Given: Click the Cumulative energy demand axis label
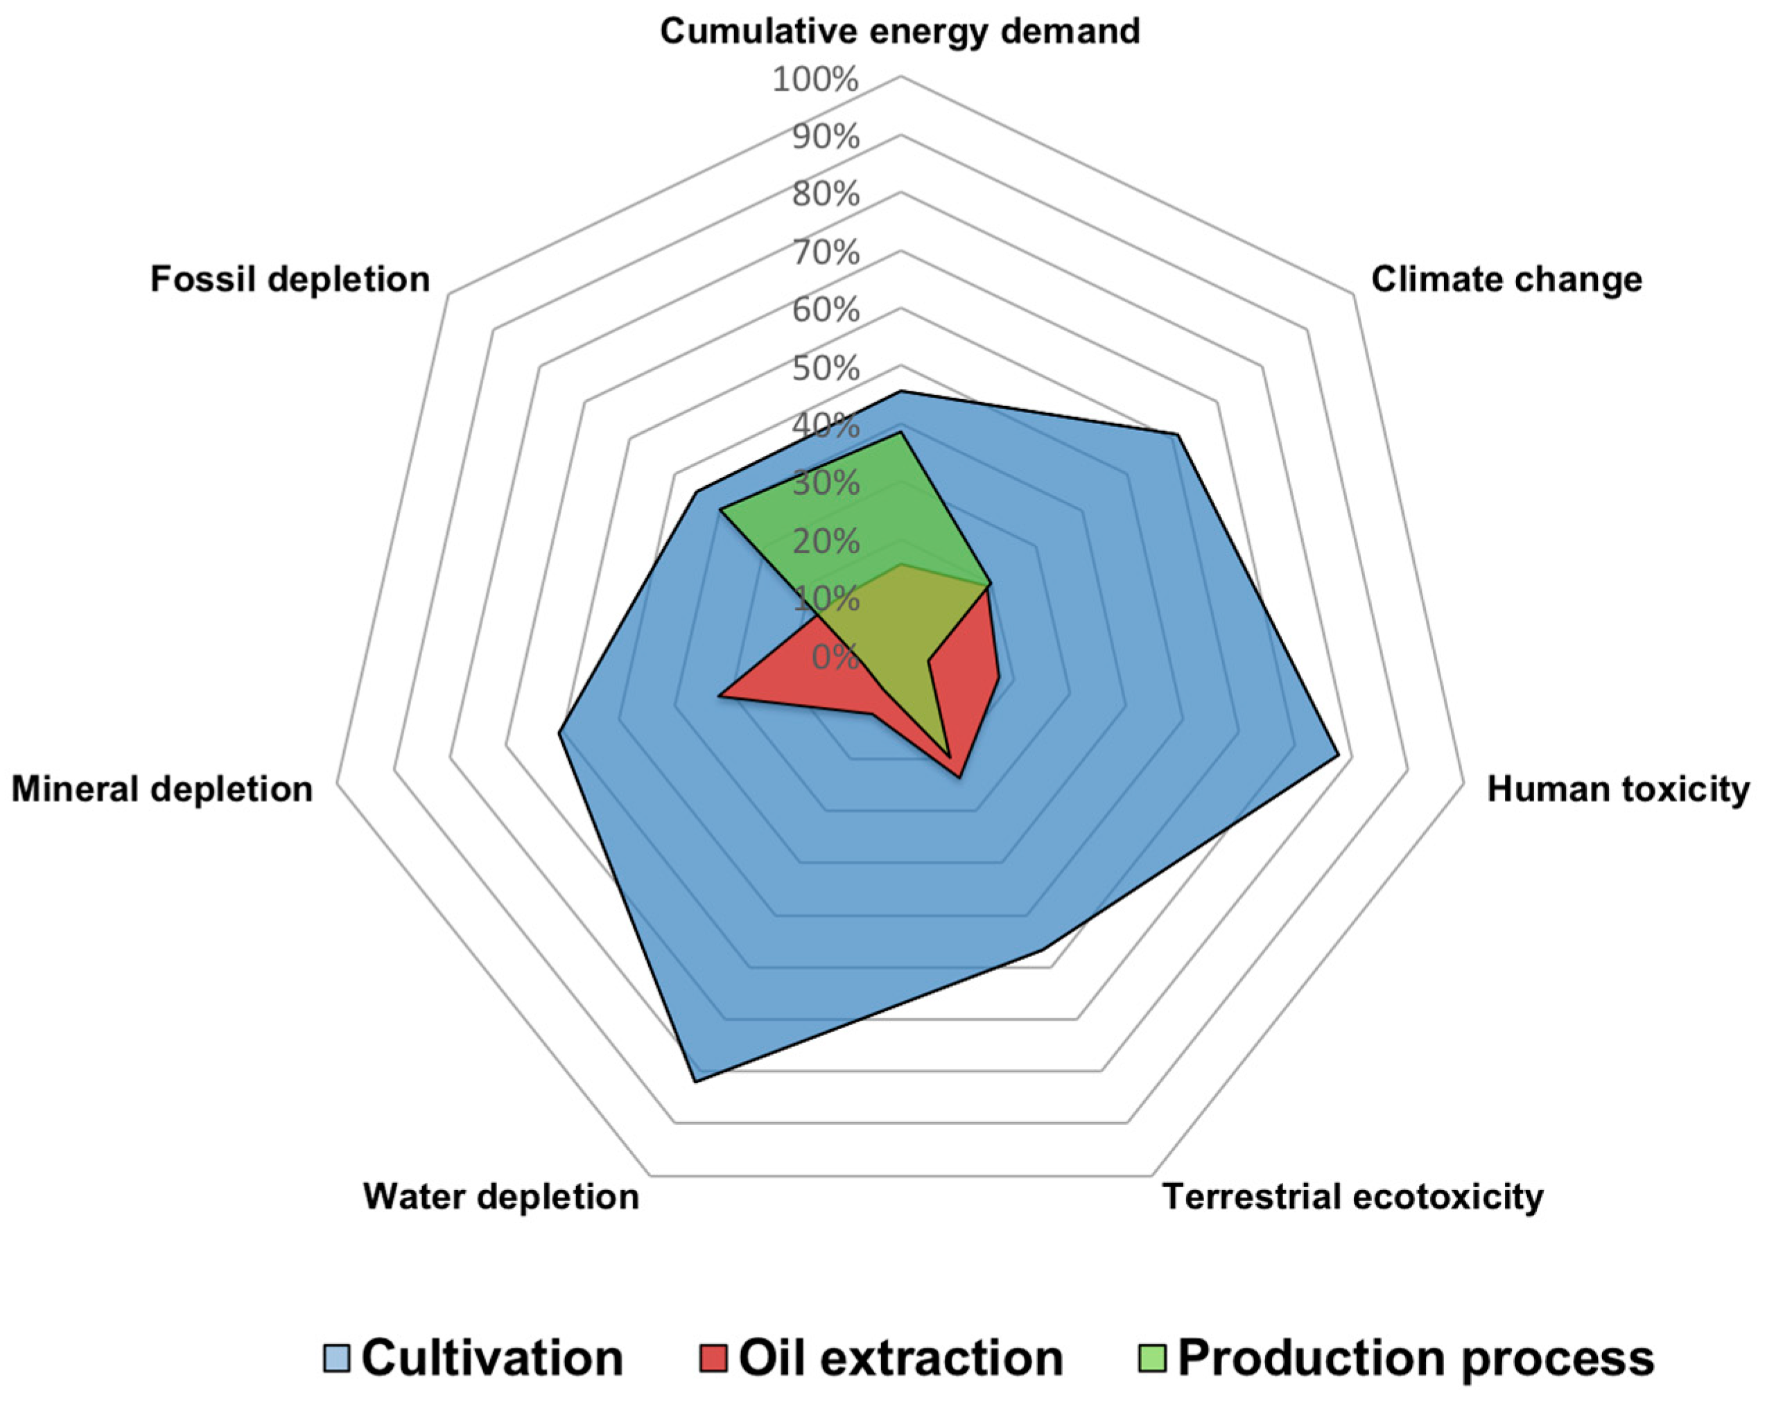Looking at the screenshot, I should (x=900, y=32).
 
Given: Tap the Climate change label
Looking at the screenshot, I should (x=1506, y=279).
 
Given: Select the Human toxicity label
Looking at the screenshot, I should (x=1618, y=790).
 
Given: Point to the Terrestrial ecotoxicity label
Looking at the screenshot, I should (x=1353, y=1197).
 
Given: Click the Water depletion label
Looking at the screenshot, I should (x=500, y=1197).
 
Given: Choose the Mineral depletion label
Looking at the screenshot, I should (x=162, y=790).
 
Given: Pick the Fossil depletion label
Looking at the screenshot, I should (x=290, y=279).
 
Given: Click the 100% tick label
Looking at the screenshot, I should (x=815, y=80).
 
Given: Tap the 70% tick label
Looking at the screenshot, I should (x=826, y=253).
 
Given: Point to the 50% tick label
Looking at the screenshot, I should (x=826, y=369).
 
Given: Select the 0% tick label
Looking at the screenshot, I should (x=835, y=657).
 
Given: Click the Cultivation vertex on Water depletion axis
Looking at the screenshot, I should (x=695, y=1083).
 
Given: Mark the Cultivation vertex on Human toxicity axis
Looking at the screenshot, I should (x=1339, y=755).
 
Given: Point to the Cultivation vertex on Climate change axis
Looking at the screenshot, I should (x=1177, y=435).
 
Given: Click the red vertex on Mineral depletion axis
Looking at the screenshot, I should (x=719, y=697).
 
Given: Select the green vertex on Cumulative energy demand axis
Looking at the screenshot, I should (x=900, y=432).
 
